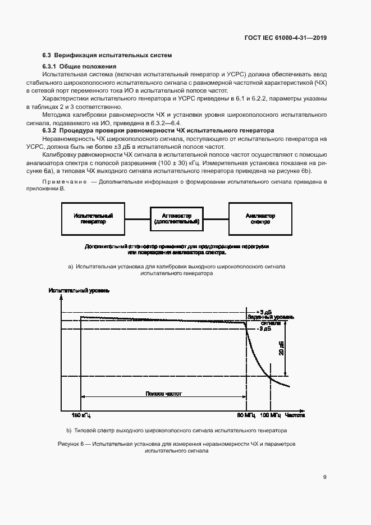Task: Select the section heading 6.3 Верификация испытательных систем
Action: [x=107, y=55]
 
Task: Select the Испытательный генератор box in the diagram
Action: [x=93, y=218]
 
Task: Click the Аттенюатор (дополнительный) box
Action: [x=177, y=218]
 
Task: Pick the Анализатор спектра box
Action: [x=260, y=218]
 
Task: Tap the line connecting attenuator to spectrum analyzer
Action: [x=217, y=218]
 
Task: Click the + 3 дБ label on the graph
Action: [x=264, y=312]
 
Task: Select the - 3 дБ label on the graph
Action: [x=264, y=329]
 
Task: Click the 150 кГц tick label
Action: [x=81, y=416]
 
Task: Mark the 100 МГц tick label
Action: [x=271, y=416]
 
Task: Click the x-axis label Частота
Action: [x=295, y=416]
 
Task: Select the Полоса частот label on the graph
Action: [x=164, y=394]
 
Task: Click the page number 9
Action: [x=324, y=477]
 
